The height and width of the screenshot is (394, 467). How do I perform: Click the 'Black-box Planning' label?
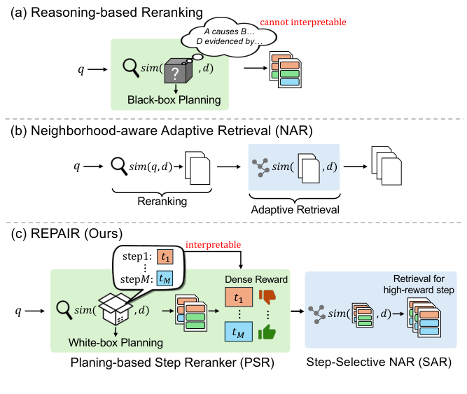coord(174,100)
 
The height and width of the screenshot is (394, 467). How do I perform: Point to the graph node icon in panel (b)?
coord(260,167)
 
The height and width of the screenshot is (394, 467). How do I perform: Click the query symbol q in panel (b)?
coord(78,167)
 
